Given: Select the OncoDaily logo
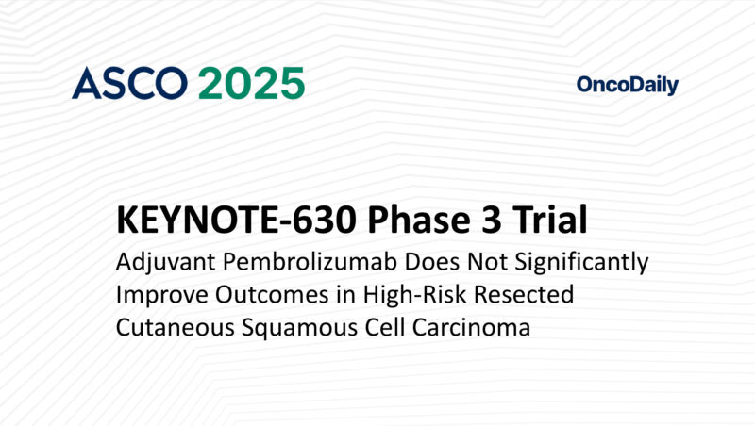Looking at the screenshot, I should tap(627, 86).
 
